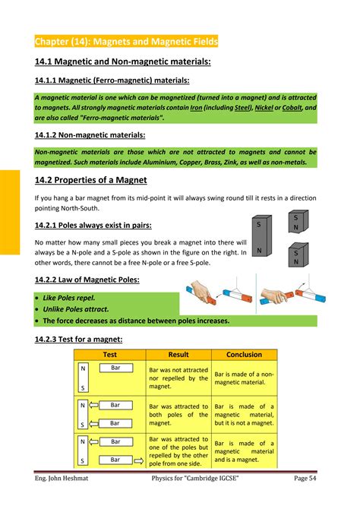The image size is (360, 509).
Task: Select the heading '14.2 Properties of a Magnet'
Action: point(90,180)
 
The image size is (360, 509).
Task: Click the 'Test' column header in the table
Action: point(109,355)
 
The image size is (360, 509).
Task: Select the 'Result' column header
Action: point(178,355)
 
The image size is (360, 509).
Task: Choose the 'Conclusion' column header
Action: point(244,355)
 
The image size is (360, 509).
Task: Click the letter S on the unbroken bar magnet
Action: point(258,225)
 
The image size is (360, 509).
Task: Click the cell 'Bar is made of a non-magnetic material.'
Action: point(245,378)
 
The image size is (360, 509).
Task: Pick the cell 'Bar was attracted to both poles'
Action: point(178,414)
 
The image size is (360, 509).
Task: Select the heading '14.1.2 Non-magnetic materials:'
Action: point(90,134)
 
